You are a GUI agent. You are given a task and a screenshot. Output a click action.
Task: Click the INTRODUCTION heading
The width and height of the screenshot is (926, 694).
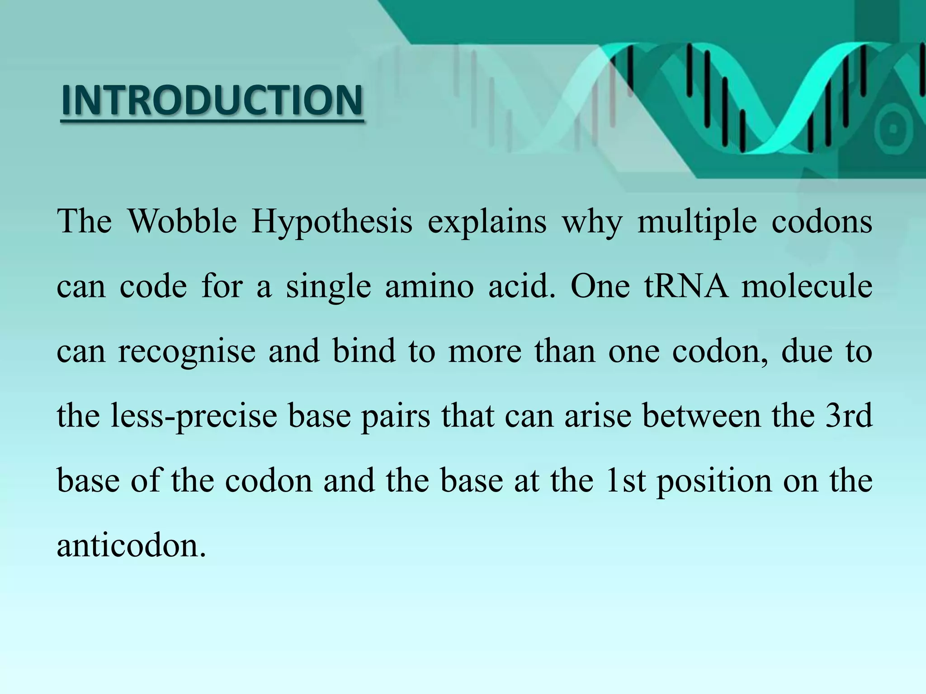click(212, 100)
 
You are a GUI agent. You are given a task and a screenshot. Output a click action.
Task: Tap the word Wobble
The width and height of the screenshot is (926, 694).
click(182, 221)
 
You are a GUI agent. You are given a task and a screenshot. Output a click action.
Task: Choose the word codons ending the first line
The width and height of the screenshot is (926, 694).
click(822, 221)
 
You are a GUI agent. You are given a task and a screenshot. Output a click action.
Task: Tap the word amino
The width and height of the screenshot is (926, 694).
click(429, 286)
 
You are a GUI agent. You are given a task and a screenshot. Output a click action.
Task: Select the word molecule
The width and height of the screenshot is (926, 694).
click(807, 286)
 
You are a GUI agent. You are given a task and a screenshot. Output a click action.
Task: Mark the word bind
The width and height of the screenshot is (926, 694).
click(364, 351)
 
